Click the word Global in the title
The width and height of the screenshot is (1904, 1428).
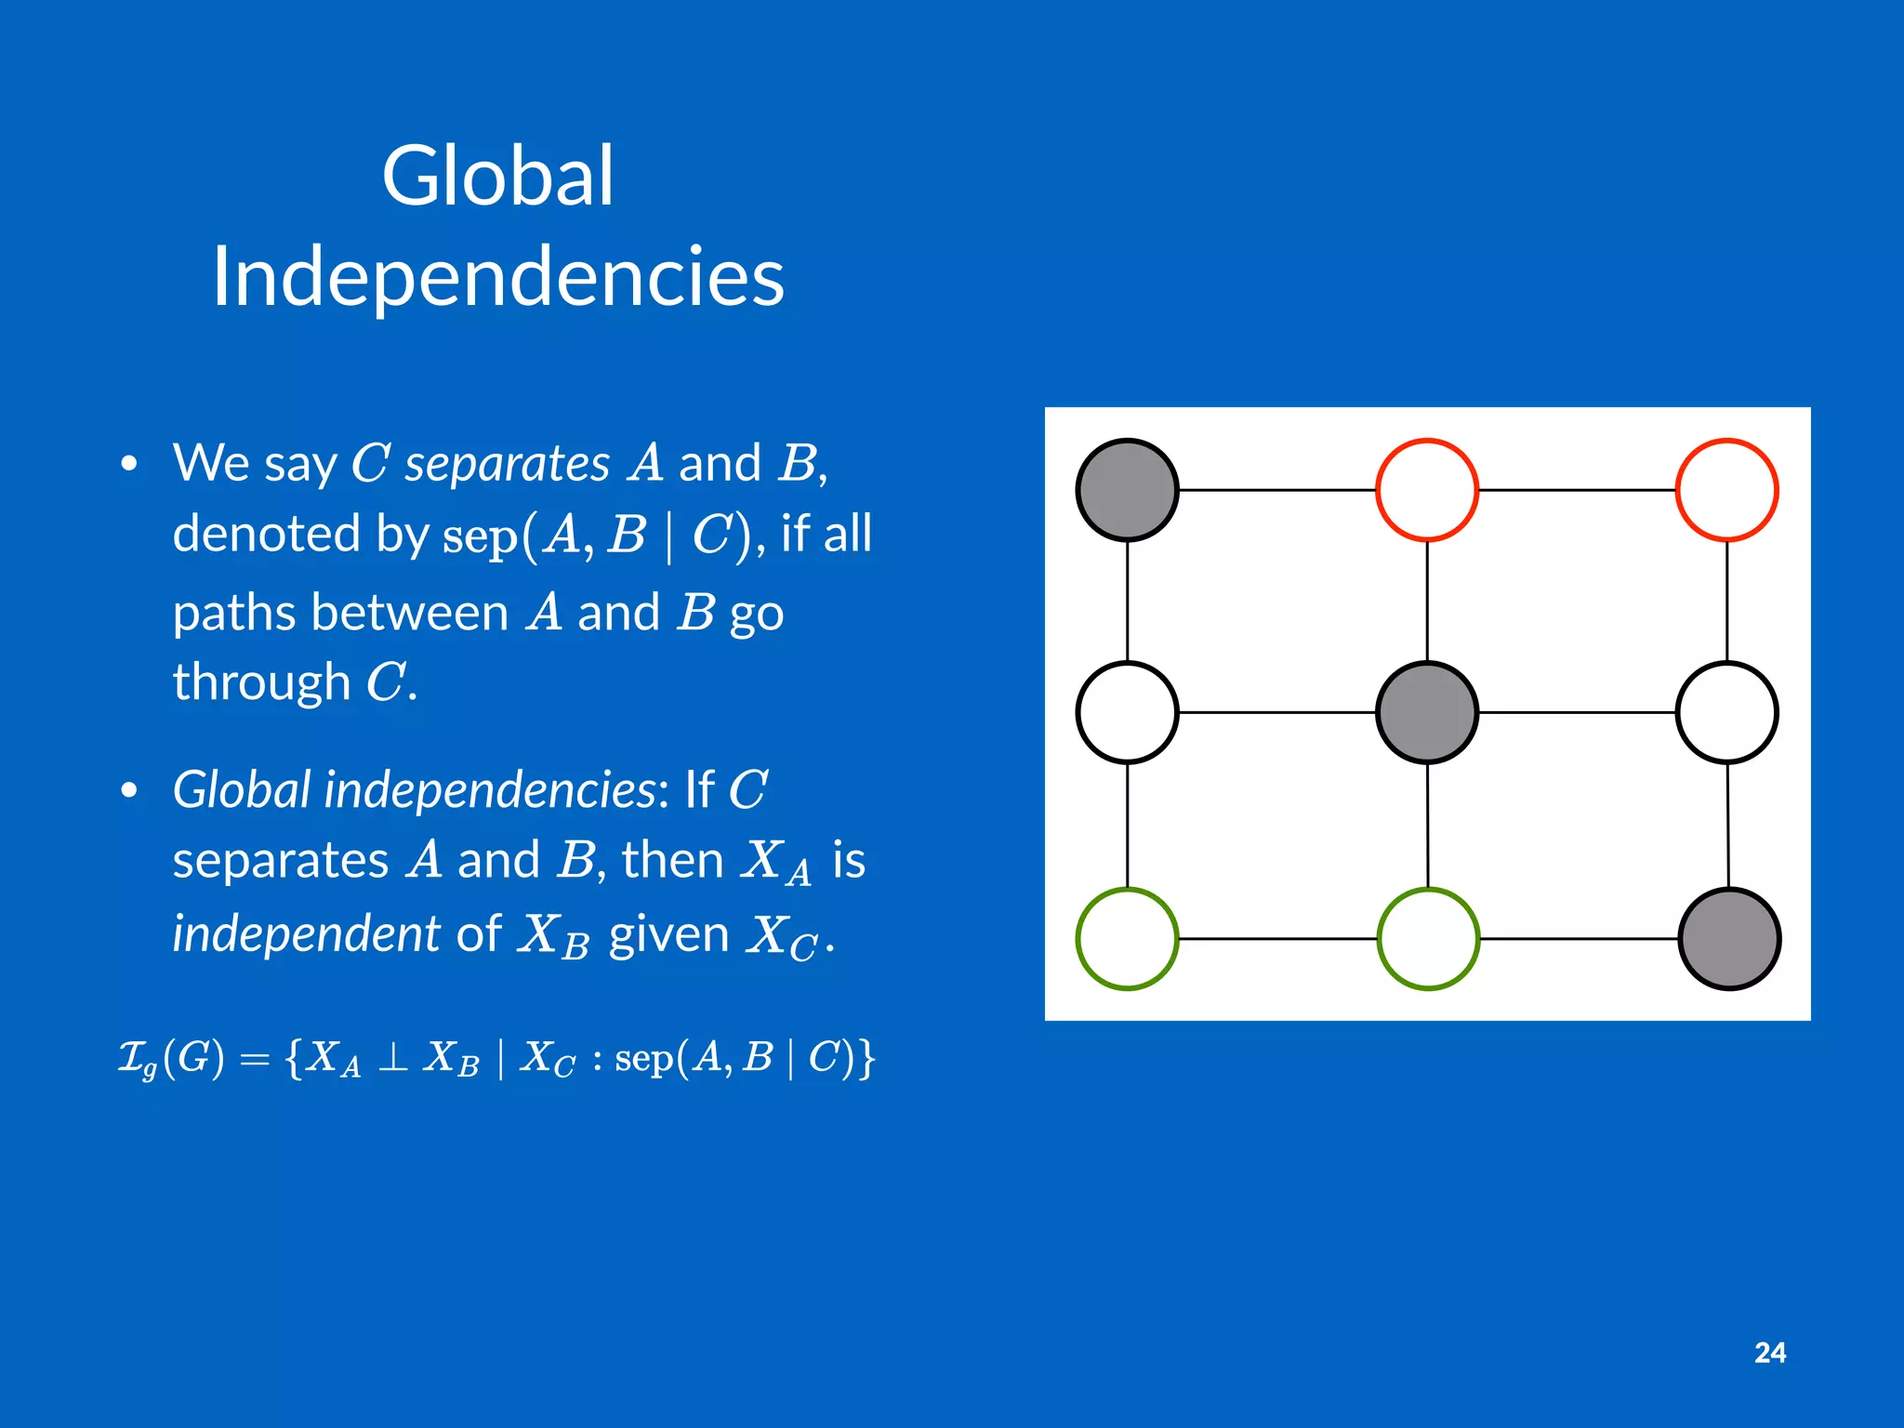(497, 176)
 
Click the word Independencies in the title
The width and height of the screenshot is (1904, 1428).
(497, 276)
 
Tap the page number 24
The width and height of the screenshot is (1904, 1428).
(1769, 1353)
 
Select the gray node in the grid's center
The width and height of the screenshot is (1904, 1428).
(1427, 713)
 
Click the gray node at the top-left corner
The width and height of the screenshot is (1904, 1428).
(1127, 490)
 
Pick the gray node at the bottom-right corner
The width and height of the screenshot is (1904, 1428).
(1729, 939)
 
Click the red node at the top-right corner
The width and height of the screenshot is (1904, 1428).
(1727, 490)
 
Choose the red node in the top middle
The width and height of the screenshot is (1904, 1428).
(1427, 490)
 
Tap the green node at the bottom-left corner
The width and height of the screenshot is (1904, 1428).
(1127, 939)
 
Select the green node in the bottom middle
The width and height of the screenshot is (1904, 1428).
(1428, 939)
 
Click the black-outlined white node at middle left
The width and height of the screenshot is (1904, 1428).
(1127, 713)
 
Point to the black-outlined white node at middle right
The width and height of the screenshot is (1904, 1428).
(1727, 713)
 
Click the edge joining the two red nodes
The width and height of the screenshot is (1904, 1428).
(1577, 490)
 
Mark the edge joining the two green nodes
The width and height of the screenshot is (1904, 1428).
(1277, 939)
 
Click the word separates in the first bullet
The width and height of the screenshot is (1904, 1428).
(508, 464)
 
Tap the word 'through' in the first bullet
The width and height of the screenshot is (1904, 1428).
(261, 682)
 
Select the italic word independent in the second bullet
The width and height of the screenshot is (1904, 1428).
(306, 933)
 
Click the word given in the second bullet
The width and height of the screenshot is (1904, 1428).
(668, 933)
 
